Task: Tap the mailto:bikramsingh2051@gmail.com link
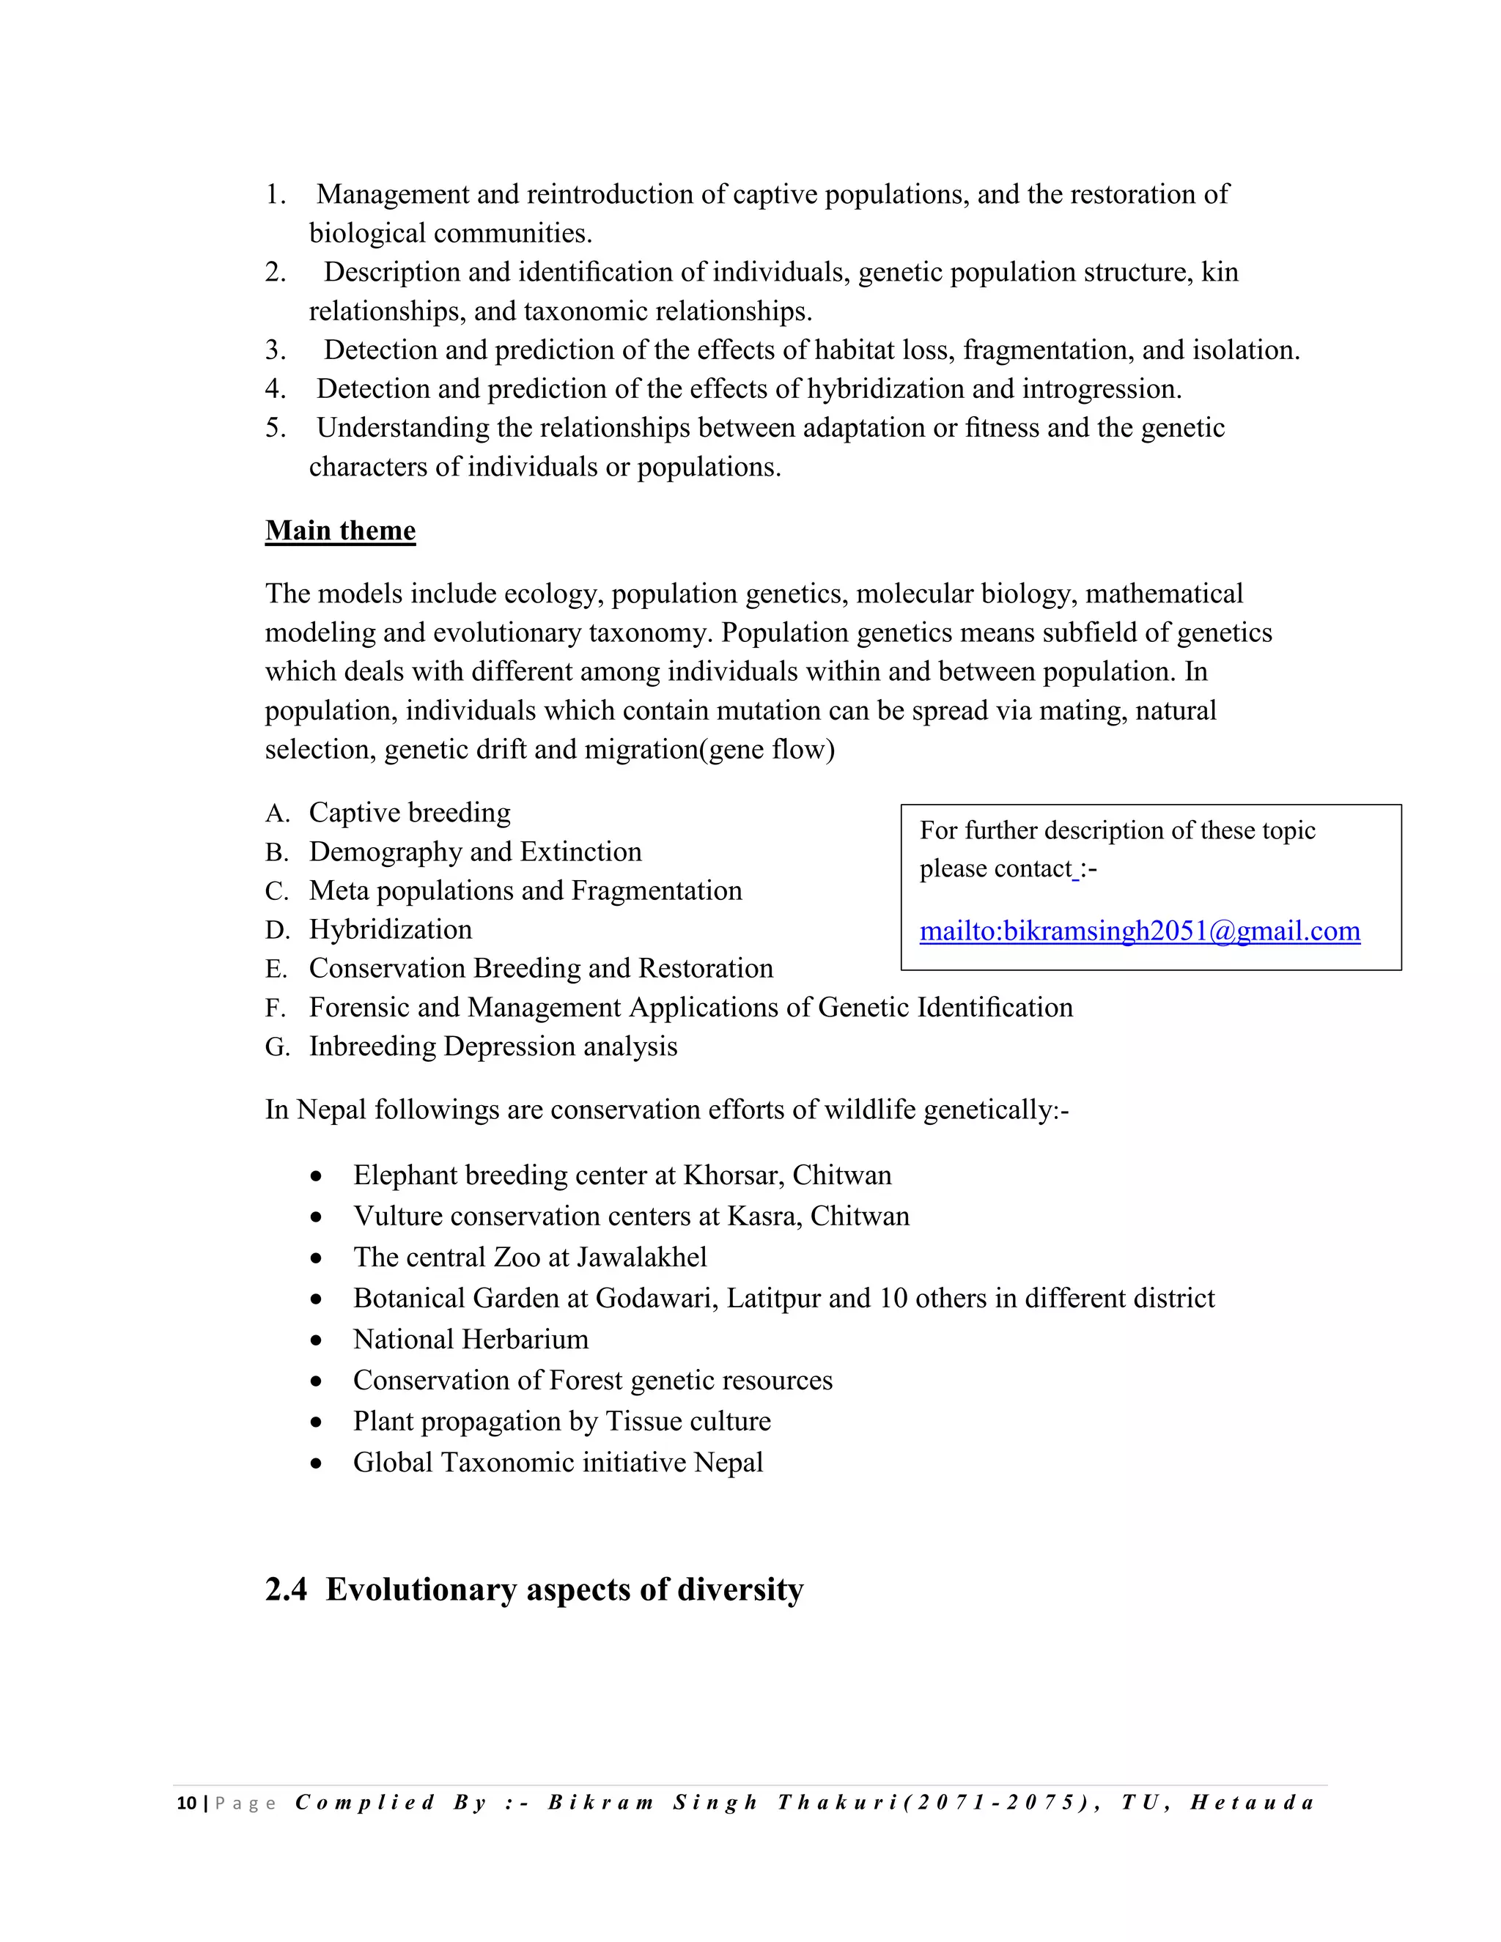1139,931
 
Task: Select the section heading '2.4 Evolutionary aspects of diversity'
534,1589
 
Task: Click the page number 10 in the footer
186,1803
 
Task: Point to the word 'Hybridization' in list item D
391,929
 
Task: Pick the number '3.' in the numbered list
275,350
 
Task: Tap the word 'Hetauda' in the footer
1252,1803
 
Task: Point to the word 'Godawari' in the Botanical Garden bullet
656,1299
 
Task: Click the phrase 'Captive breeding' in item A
409,813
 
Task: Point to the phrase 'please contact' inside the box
995,868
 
